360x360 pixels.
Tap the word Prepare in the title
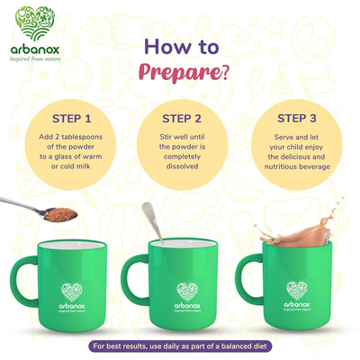[179, 72]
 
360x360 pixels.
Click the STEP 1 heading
[71, 119]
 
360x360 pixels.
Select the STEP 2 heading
[182, 119]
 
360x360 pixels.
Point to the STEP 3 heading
[297, 118]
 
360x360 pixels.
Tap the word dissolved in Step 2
[183, 166]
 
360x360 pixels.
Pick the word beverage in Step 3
[314, 166]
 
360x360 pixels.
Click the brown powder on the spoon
[60, 215]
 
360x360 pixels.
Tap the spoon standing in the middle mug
[152, 222]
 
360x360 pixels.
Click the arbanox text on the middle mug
[187, 306]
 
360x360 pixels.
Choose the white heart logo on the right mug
[297, 291]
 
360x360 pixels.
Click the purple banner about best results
[180, 346]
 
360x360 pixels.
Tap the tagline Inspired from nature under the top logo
[35, 58]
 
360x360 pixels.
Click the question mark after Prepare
[224, 73]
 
